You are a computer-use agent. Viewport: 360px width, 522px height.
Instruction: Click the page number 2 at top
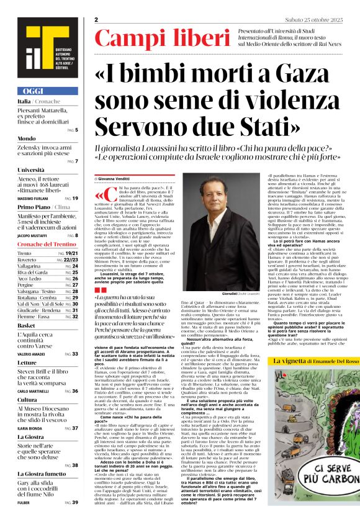(97, 20)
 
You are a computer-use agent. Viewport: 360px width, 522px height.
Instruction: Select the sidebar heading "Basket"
(26, 325)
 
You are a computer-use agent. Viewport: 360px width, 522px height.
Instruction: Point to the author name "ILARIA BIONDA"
(30, 428)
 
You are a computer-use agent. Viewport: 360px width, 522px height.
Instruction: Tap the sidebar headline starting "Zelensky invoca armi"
(43, 149)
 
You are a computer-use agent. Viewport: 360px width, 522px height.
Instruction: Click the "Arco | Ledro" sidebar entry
(30, 279)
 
